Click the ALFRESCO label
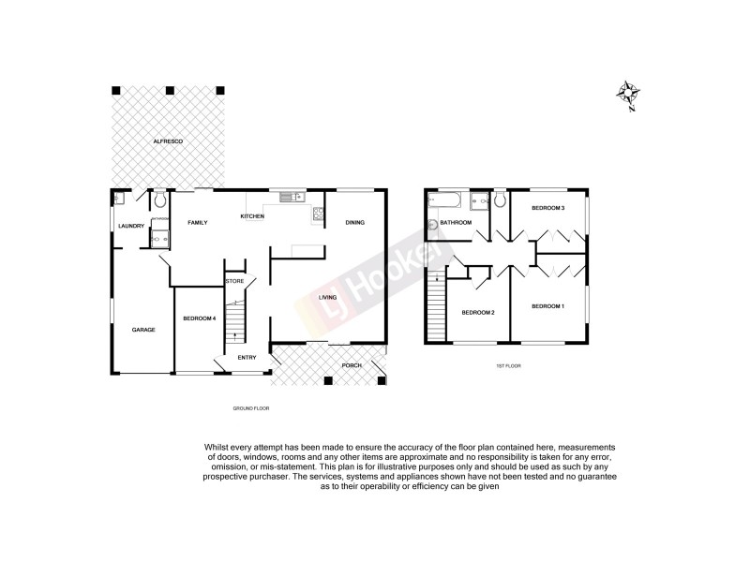[169, 140]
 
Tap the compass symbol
[629, 95]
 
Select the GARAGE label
[142, 330]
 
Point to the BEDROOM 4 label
[199, 318]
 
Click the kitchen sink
[288, 197]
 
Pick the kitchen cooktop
[318, 214]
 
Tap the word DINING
[354, 222]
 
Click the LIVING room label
[327, 298]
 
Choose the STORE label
[234, 280]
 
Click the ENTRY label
[247, 357]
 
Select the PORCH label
[351, 364]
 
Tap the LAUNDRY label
[131, 225]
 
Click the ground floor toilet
[160, 200]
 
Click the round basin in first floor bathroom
[433, 225]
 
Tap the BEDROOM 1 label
[547, 306]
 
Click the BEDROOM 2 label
[478, 312]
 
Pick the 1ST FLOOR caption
[506, 367]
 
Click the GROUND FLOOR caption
[250, 409]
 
